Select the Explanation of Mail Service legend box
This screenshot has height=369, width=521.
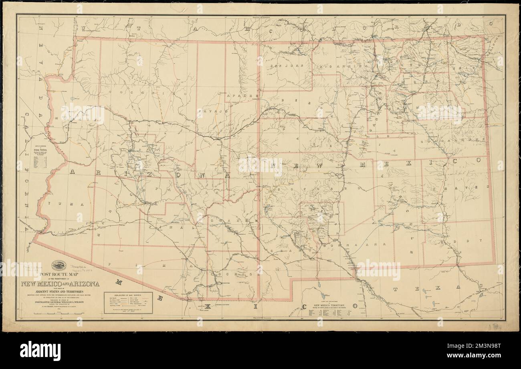click(x=128, y=302)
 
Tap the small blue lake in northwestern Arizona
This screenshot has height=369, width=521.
click(x=71, y=98)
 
